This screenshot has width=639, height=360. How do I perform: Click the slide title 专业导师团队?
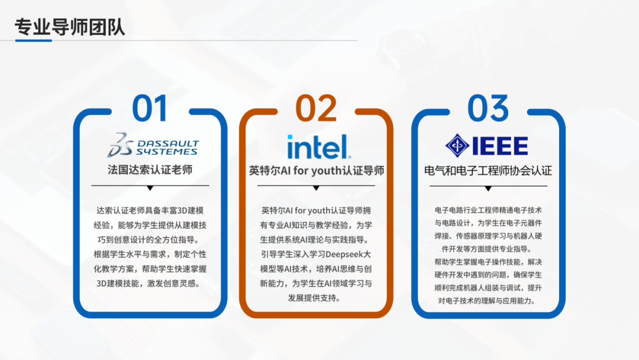70,27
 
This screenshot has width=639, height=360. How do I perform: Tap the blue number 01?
150,108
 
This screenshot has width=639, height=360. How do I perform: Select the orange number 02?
316,108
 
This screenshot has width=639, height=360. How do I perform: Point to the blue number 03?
488,108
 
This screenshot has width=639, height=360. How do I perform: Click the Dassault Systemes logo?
153,144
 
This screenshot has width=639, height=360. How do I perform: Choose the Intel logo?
319,146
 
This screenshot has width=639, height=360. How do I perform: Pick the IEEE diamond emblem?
457,146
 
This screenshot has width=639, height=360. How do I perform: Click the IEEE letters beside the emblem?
500,146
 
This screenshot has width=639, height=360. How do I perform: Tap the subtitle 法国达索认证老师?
150,169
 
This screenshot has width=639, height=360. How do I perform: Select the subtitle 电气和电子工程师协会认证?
488,171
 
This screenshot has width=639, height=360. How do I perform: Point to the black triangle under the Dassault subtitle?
150,188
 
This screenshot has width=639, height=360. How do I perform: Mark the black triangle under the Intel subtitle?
316,188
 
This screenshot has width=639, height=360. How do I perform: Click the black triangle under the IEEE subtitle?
488,188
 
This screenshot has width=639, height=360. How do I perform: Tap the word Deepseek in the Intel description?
344,255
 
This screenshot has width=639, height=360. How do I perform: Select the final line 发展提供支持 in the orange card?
312,298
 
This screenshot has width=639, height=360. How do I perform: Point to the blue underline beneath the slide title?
33,40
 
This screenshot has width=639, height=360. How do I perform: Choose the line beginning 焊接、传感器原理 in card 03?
488,236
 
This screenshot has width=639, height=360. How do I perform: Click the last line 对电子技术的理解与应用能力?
486,301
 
